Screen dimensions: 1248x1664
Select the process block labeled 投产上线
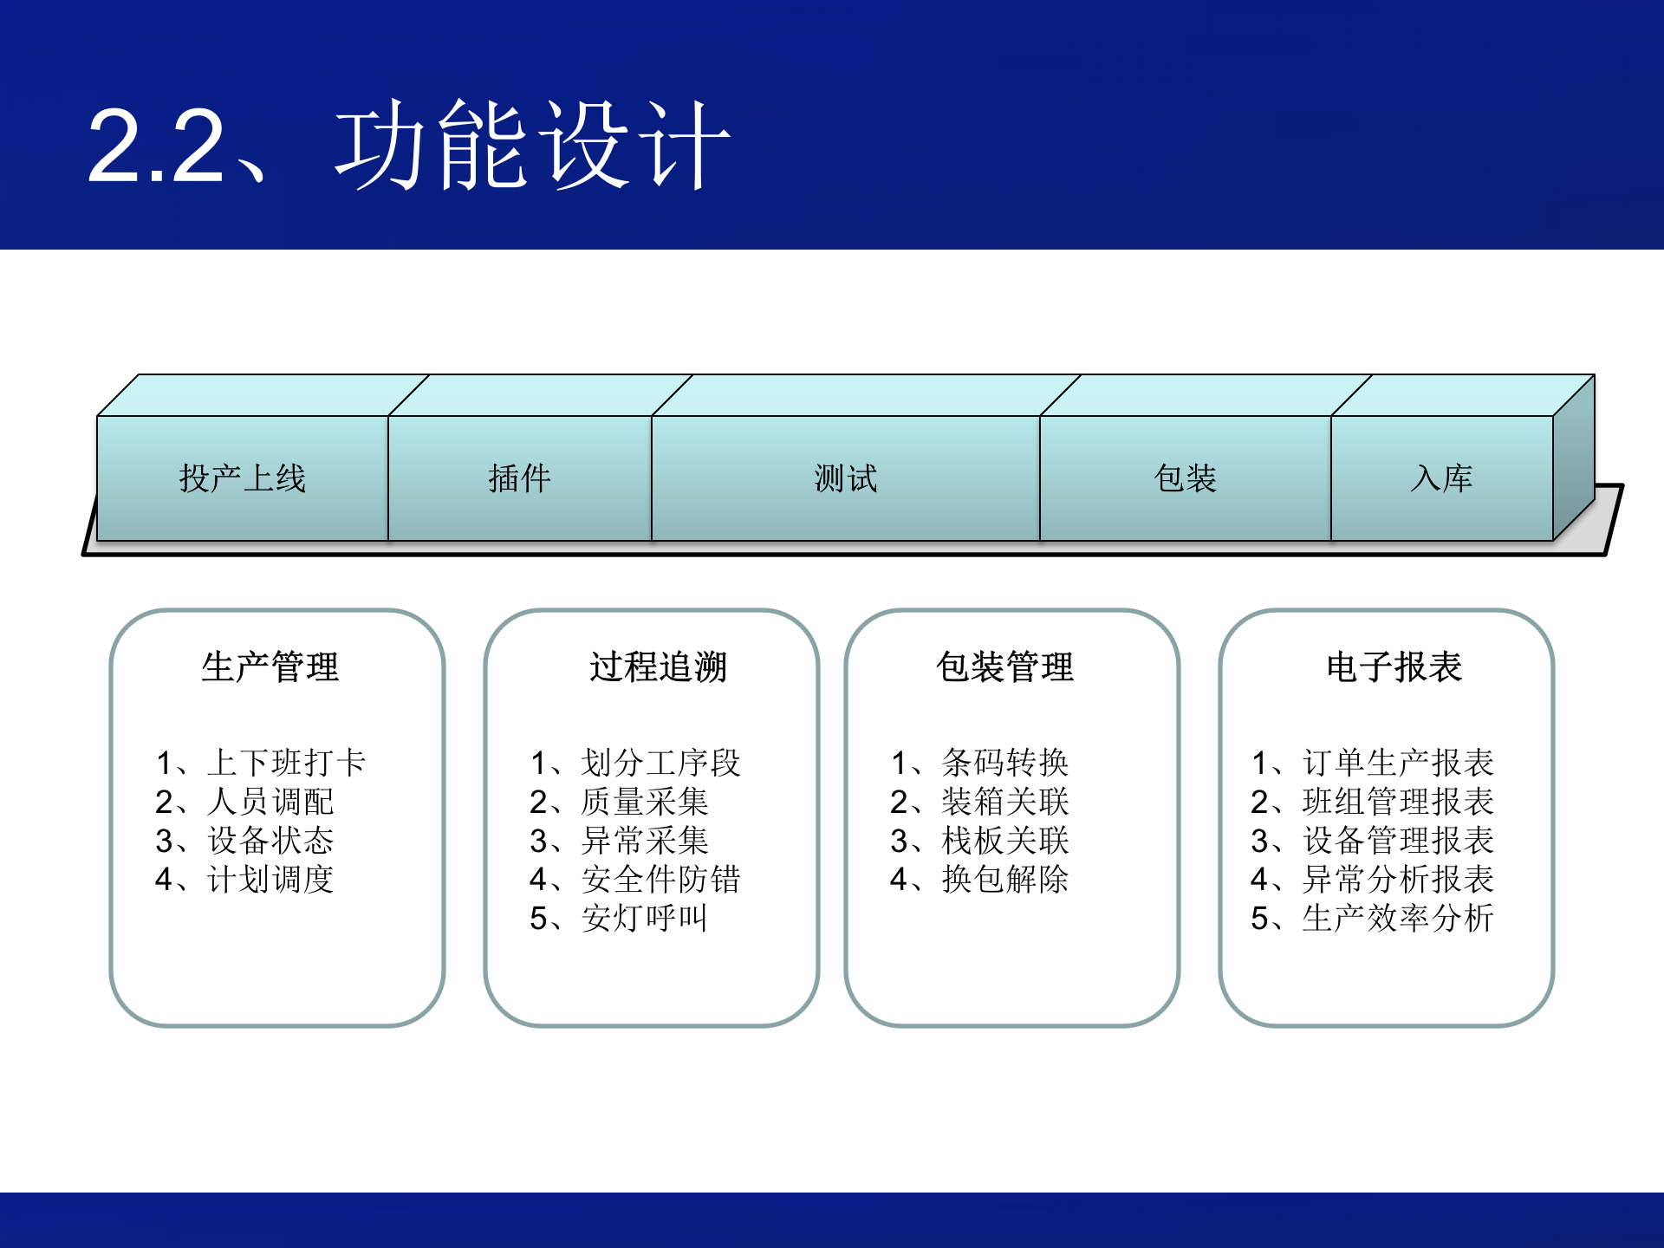243,478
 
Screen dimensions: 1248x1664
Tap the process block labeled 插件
520,478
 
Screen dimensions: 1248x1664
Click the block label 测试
846,478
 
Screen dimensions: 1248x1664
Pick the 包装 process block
1185,478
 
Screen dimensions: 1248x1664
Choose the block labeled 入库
1441,478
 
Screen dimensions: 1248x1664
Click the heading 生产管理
270,667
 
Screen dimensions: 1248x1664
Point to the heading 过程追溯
659,667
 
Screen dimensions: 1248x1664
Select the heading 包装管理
1005,667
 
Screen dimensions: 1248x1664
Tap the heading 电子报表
1394,667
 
